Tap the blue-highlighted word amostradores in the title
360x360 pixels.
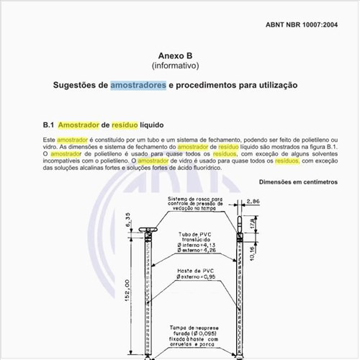(x=138, y=85)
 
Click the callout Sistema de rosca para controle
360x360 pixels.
(x=196, y=203)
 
